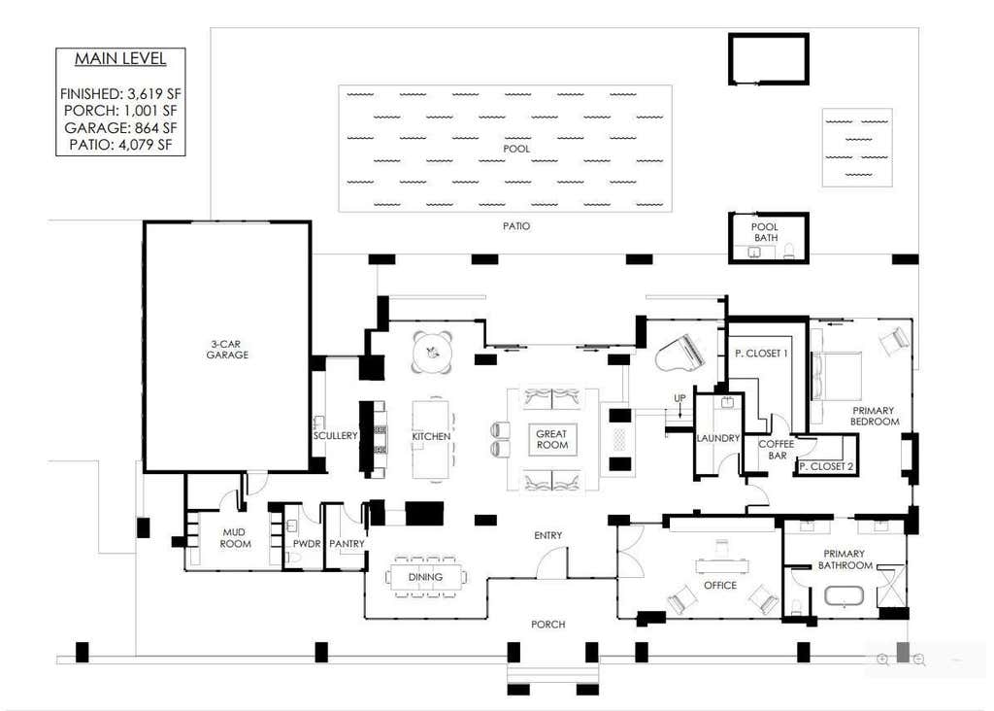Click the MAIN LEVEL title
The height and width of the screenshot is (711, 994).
120,59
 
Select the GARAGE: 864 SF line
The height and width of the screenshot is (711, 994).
120,127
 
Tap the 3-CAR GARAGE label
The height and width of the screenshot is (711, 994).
227,350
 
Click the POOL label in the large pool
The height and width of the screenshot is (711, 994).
516,149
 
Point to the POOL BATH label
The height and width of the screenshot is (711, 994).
765,232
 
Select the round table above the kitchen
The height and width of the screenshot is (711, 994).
432,352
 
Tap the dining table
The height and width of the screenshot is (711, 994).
425,577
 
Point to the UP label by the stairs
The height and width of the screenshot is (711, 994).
679,398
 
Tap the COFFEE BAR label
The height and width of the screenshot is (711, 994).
777,450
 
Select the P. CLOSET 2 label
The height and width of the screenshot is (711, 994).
825,467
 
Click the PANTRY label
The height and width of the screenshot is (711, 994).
347,544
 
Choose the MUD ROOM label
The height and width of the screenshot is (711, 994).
235,538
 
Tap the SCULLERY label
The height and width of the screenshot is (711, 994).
335,436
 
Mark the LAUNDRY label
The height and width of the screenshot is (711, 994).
718,438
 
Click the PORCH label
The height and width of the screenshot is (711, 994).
547,625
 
